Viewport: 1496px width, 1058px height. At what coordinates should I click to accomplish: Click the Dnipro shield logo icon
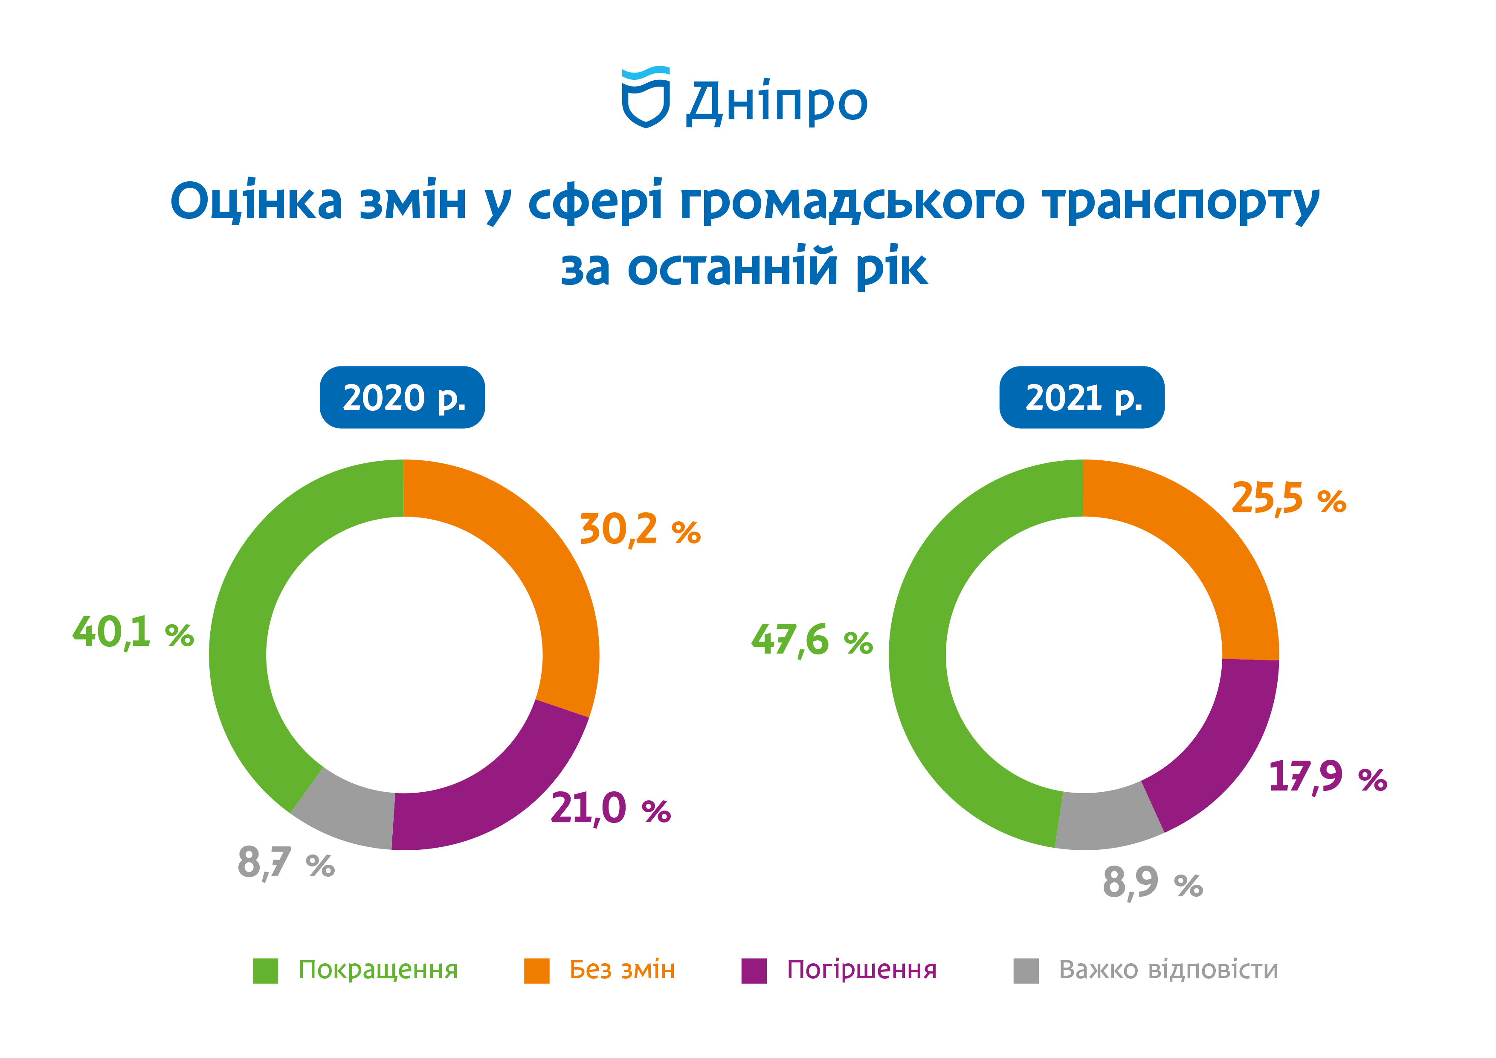pyautogui.click(x=646, y=97)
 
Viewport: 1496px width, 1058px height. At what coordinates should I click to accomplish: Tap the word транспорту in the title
pyautogui.click(x=1181, y=203)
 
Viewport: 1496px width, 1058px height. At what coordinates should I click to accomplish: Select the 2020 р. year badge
pyautogui.click(x=403, y=397)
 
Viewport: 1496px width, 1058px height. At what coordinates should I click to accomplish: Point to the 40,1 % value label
pyautogui.click(x=133, y=632)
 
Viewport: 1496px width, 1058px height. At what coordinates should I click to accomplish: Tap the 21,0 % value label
pyautogui.click(x=611, y=808)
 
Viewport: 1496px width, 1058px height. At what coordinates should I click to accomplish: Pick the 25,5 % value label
pyautogui.click(x=1289, y=499)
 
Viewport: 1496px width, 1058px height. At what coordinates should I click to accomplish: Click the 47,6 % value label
pyautogui.click(x=812, y=640)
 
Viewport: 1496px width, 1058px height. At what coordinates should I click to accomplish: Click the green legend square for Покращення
pyautogui.click(x=265, y=971)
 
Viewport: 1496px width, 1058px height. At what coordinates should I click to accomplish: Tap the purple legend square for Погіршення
pyautogui.click(x=754, y=971)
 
